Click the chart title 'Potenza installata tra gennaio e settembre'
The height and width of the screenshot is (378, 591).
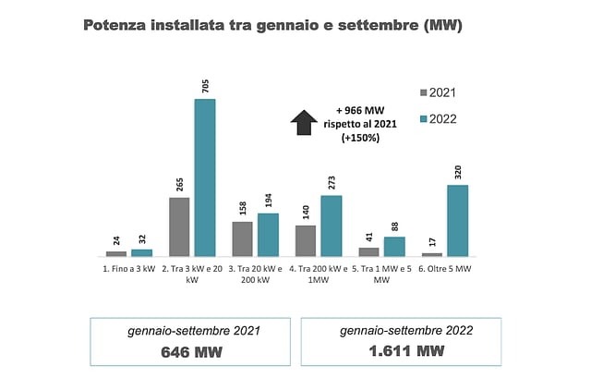tap(273, 25)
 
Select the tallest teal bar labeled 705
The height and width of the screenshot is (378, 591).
tap(204, 177)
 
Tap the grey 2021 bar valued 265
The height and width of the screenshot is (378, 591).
tap(179, 226)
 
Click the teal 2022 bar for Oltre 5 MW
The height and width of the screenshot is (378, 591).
tap(457, 220)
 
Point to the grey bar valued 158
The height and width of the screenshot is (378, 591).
tap(242, 238)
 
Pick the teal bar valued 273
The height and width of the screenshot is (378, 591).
tap(331, 226)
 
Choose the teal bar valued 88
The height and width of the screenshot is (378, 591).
tap(394, 246)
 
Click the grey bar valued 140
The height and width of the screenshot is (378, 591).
tap(306, 240)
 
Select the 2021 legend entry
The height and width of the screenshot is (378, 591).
tap(439, 92)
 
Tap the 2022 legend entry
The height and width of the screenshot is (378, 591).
tap(439, 118)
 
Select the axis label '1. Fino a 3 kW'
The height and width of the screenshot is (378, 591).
tap(129, 268)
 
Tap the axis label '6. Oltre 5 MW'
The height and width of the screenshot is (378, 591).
tap(444, 268)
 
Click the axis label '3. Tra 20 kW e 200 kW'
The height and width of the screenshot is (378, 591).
tap(255, 274)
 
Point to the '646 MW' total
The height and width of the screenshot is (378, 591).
tap(192, 351)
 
